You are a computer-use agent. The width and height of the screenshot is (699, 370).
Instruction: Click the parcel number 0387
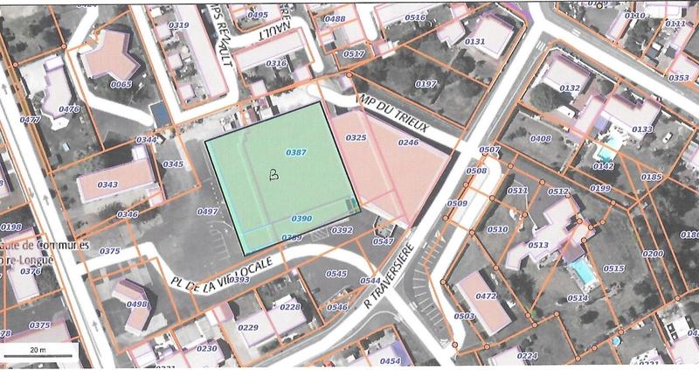click(296, 153)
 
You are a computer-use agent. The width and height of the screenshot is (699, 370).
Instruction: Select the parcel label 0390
click(301, 218)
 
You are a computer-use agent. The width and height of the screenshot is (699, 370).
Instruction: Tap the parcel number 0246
click(408, 142)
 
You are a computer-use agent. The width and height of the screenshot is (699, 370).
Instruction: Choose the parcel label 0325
click(356, 137)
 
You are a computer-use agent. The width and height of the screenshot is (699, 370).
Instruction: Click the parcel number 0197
click(426, 83)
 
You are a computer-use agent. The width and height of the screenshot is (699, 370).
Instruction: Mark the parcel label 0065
click(121, 84)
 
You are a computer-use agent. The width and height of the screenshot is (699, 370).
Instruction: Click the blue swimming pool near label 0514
click(580, 270)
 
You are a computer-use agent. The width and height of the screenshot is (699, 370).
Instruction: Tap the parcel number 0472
click(486, 297)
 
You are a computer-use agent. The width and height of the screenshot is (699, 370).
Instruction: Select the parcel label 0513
click(537, 246)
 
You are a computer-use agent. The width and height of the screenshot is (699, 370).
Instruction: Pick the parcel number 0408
click(541, 138)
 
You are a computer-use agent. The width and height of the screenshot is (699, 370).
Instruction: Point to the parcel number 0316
click(275, 63)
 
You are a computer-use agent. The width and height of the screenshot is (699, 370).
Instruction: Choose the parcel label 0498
click(136, 304)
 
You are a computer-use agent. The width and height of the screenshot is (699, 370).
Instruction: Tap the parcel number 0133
click(642, 129)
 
